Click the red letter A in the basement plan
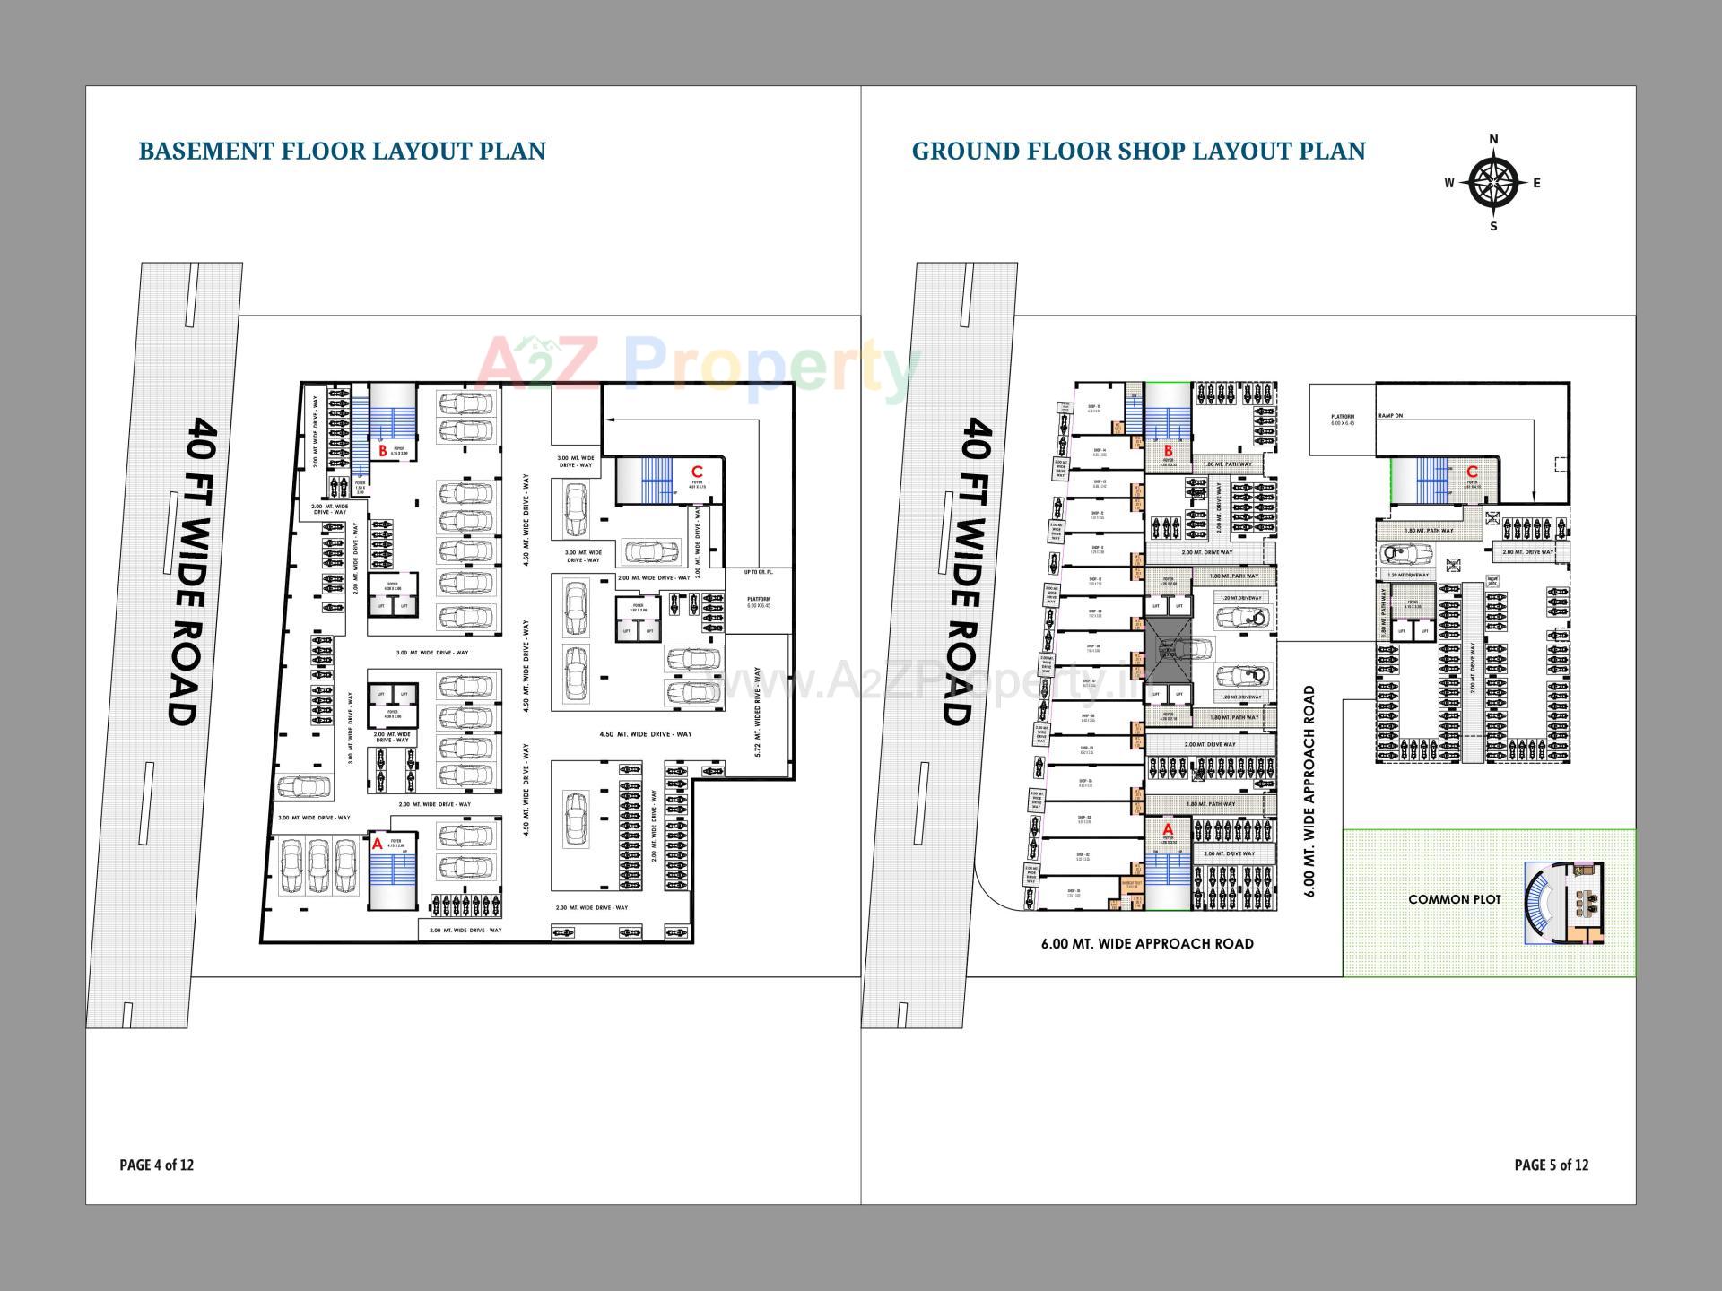point(378,844)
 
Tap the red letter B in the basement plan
point(382,451)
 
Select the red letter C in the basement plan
point(697,472)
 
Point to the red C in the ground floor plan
point(1472,472)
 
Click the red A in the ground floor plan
point(1168,829)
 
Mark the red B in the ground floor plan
point(1168,451)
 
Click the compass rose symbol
point(1493,183)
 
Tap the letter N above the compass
point(1493,139)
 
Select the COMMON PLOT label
point(1454,899)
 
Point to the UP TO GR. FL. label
point(758,572)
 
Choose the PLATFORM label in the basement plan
point(758,599)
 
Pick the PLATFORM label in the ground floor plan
point(1343,417)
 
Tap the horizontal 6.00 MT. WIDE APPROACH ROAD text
point(1147,943)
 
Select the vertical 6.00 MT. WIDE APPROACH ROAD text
point(1309,791)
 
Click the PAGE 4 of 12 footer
point(157,1165)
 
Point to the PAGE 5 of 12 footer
point(1551,1165)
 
